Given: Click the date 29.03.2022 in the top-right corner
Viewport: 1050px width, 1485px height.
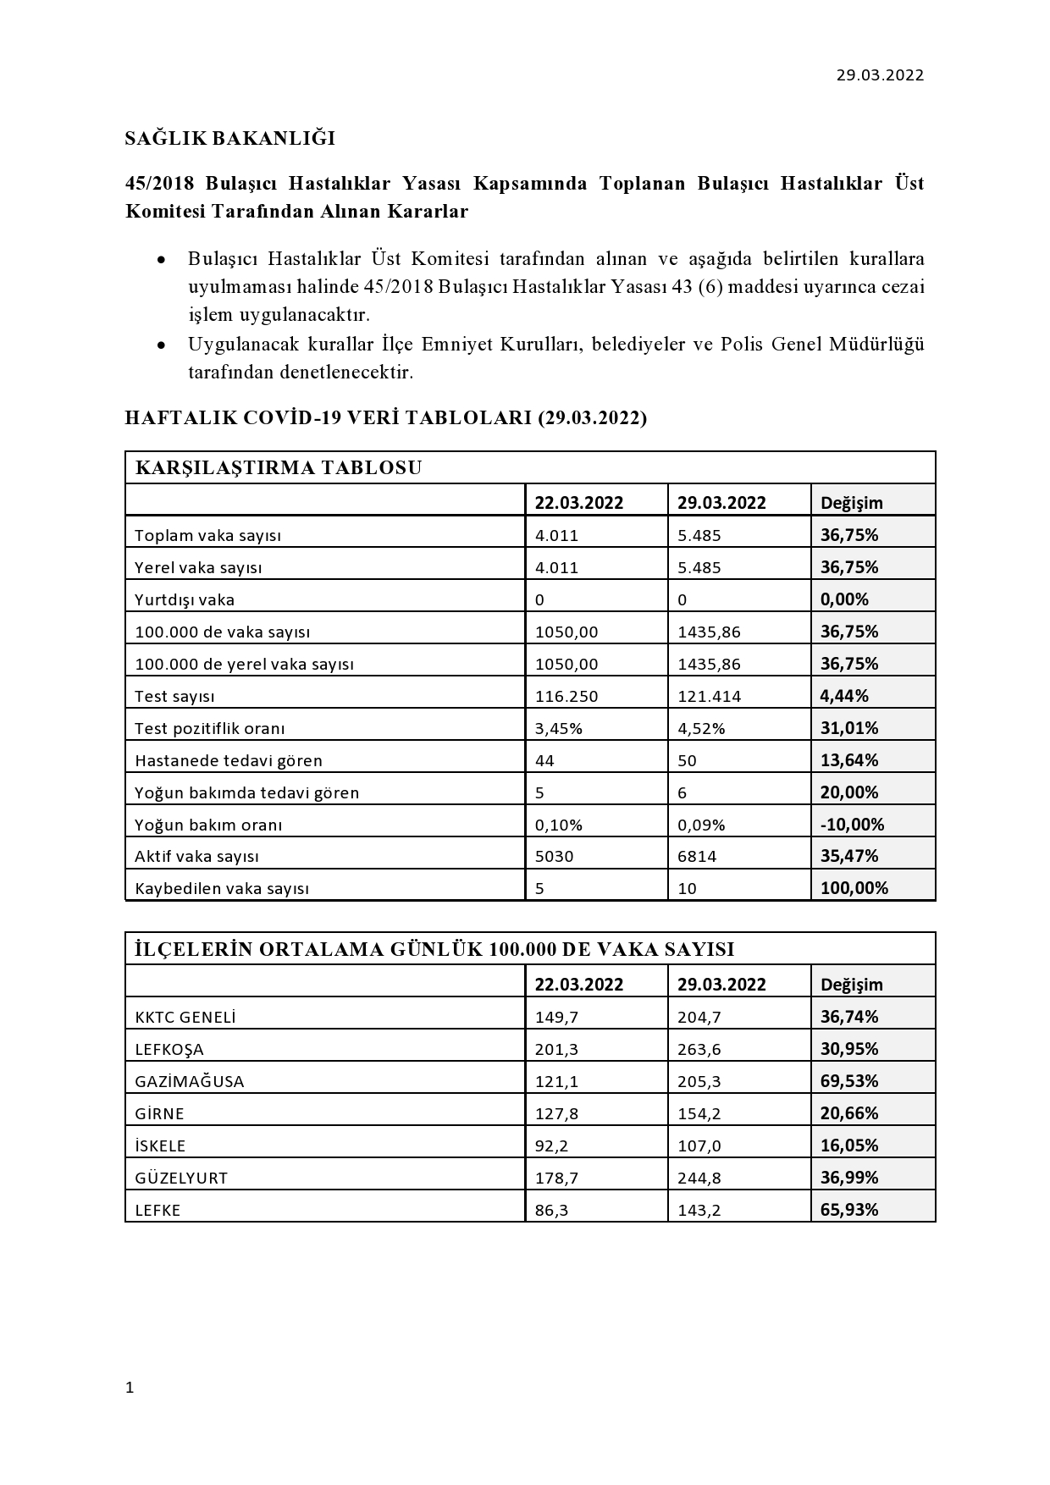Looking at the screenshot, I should click(880, 75).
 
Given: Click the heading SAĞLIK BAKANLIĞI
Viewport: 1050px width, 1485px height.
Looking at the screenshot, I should click(230, 138).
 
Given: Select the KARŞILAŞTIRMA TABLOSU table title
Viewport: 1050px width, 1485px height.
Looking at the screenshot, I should click(279, 467).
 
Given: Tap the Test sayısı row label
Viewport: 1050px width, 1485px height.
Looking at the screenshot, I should click(174, 697).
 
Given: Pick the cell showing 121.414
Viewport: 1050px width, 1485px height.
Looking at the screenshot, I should click(710, 697).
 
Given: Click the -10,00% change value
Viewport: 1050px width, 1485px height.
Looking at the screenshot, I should click(852, 825).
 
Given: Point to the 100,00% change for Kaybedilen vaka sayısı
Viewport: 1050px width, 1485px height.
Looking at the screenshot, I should click(854, 888).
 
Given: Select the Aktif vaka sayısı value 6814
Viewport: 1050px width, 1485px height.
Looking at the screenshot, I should click(697, 856).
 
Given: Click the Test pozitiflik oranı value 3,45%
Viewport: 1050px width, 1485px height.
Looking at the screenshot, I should click(558, 728).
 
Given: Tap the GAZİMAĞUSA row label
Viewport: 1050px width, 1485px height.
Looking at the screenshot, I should click(190, 1081).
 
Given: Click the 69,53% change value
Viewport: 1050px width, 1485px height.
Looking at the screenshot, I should click(849, 1081).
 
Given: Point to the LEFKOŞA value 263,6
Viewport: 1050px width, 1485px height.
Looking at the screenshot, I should click(699, 1049).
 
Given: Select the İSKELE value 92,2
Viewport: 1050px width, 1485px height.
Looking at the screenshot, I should click(553, 1145).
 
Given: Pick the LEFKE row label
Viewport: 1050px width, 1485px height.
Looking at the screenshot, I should click(157, 1210).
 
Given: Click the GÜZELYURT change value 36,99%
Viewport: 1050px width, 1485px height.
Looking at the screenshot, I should click(849, 1178).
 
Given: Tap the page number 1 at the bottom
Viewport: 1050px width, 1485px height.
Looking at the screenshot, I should click(130, 1388).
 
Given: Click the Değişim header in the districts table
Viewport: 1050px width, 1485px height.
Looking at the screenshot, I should click(851, 985).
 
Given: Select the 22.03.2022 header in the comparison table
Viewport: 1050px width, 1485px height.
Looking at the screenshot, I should click(578, 503).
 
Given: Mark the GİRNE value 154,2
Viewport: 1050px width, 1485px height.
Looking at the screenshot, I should click(699, 1113).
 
